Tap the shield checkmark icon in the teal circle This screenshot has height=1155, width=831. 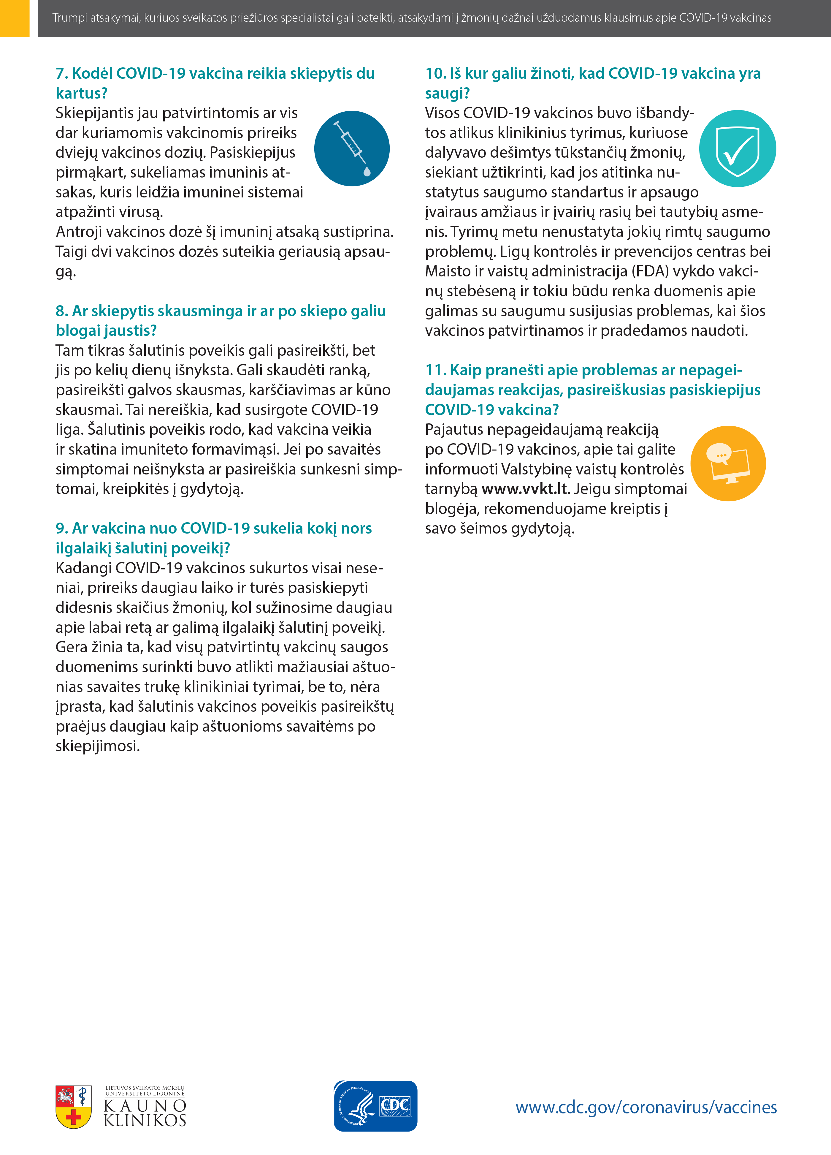(x=737, y=149)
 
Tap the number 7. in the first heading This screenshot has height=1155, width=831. (x=62, y=73)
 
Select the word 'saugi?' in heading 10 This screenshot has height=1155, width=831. (x=447, y=93)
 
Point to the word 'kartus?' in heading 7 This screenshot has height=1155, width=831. (x=82, y=93)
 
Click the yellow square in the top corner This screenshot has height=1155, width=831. (x=14, y=18)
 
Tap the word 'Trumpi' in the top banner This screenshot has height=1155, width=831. (x=69, y=18)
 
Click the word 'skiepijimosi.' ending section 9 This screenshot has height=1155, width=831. (x=97, y=746)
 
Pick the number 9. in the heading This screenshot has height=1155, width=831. (x=62, y=528)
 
